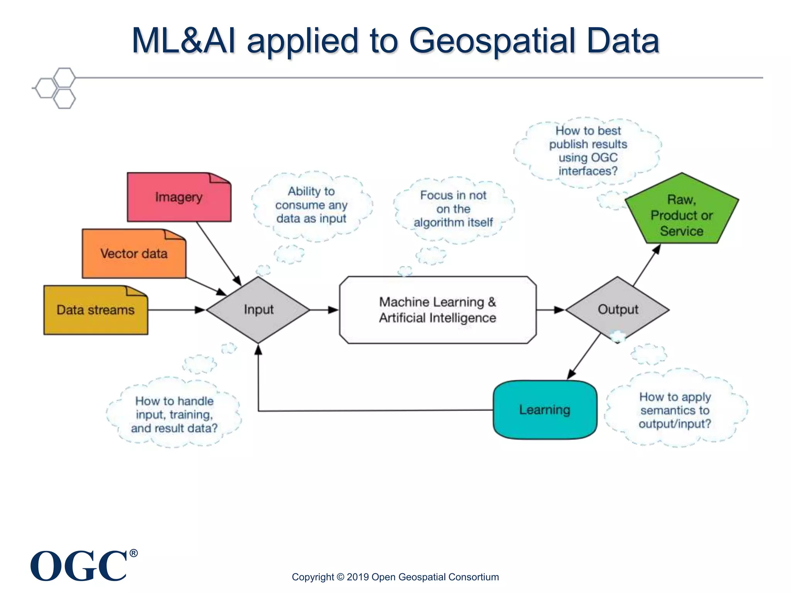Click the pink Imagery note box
[x=179, y=197]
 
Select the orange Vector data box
[x=134, y=254]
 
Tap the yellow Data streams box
[x=95, y=310]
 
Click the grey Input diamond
[x=258, y=310]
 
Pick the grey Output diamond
[x=618, y=309]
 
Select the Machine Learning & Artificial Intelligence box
[x=438, y=310]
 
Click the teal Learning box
[x=545, y=410]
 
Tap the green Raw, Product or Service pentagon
[x=682, y=215]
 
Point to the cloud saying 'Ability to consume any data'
[x=311, y=205]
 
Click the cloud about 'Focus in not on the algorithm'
[x=453, y=209]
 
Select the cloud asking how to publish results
[x=588, y=151]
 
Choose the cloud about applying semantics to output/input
[x=675, y=410]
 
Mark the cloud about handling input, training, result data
[x=174, y=414]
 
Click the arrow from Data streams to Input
[x=176, y=310]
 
